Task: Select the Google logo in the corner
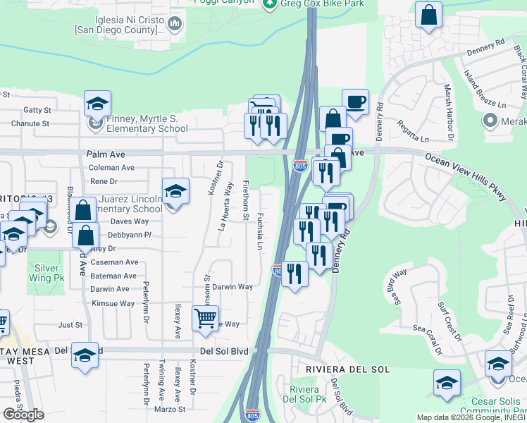click(x=23, y=415)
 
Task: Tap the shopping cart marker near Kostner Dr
click(x=205, y=319)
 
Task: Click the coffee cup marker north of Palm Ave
click(x=355, y=102)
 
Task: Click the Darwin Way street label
click(x=232, y=287)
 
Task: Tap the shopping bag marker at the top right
click(x=428, y=15)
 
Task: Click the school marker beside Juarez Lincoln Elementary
click(x=175, y=191)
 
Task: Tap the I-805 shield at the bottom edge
click(x=252, y=415)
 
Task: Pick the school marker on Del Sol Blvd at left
click(x=85, y=355)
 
